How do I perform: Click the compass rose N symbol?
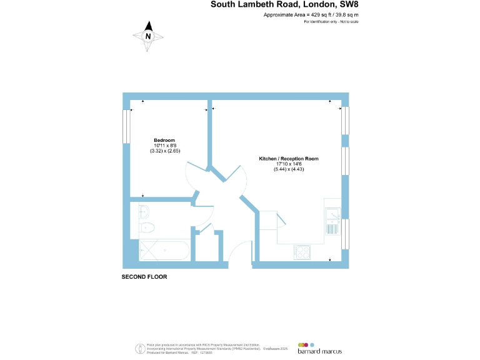pos(148,36)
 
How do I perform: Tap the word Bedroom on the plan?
pos(164,140)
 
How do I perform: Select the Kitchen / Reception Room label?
pos(289,159)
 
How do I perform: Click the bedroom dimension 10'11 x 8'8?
pos(164,146)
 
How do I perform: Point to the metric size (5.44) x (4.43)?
pos(289,171)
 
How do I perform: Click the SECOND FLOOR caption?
pos(144,276)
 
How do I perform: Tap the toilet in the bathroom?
pos(147,227)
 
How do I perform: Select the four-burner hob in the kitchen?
pos(302,252)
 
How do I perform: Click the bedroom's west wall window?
pos(127,132)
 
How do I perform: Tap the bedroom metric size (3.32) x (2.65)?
pos(164,151)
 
